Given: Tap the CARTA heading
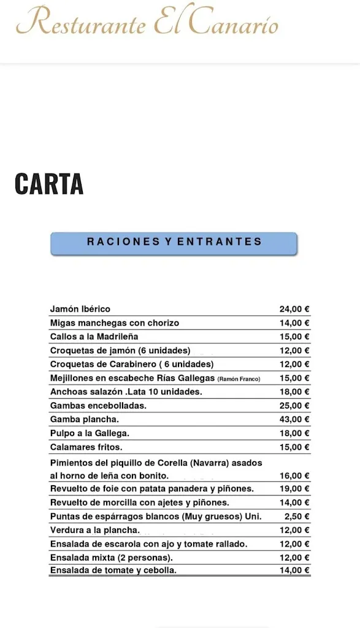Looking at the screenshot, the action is (x=49, y=184).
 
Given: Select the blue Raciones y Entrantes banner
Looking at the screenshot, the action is (x=174, y=242).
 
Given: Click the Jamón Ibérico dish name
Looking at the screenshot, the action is (x=80, y=309).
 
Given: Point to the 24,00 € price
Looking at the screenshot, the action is (x=294, y=309).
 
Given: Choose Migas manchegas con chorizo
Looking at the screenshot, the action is (x=115, y=323).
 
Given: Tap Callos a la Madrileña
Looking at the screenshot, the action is (x=94, y=336).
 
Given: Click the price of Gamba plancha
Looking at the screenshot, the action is (x=294, y=419).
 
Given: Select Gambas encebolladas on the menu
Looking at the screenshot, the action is (x=98, y=405).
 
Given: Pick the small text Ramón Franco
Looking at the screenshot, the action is (x=239, y=379).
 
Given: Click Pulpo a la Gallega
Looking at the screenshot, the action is (x=90, y=433).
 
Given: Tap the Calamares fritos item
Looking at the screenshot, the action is (x=86, y=447).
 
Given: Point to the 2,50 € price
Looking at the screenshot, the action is (x=297, y=516).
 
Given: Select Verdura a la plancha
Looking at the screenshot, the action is (x=94, y=530).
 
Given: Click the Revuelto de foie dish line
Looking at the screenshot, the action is (x=151, y=489).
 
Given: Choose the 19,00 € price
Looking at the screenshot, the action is (x=294, y=489).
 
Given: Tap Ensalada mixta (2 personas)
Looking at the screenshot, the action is (x=110, y=557).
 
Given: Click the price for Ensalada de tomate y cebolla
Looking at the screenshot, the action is (x=294, y=570).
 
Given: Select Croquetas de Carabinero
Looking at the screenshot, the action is (x=131, y=364).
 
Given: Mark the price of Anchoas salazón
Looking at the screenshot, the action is (x=294, y=392).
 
